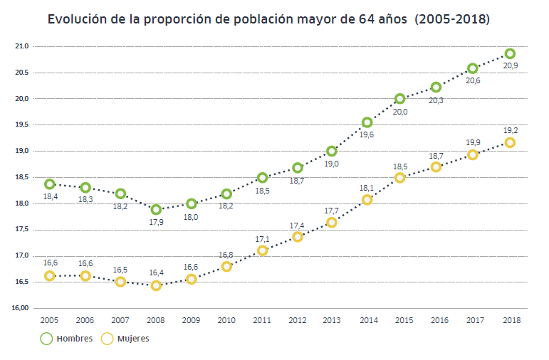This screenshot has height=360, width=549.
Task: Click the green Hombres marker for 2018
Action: (510, 53)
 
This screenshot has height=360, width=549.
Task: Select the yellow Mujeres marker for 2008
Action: (156, 285)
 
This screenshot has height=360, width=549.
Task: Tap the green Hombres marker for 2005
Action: (50, 184)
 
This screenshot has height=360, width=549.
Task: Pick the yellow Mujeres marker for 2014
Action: (367, 200)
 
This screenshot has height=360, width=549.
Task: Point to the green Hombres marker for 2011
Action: (262, 177)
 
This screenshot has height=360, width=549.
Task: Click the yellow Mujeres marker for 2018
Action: (510, 142)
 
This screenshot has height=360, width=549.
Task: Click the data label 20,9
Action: (511, 65)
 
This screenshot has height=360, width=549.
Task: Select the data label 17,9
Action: (156, 222)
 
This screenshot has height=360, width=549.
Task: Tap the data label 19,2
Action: (511, 130)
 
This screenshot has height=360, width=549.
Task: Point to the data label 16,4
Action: (156, 272)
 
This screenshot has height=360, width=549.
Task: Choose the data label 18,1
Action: (367, 187)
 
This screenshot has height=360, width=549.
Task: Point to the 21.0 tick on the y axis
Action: (21, 46)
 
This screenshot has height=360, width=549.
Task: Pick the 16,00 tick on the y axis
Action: (20, 308)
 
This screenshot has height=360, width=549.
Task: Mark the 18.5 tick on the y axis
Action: (21, 177)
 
